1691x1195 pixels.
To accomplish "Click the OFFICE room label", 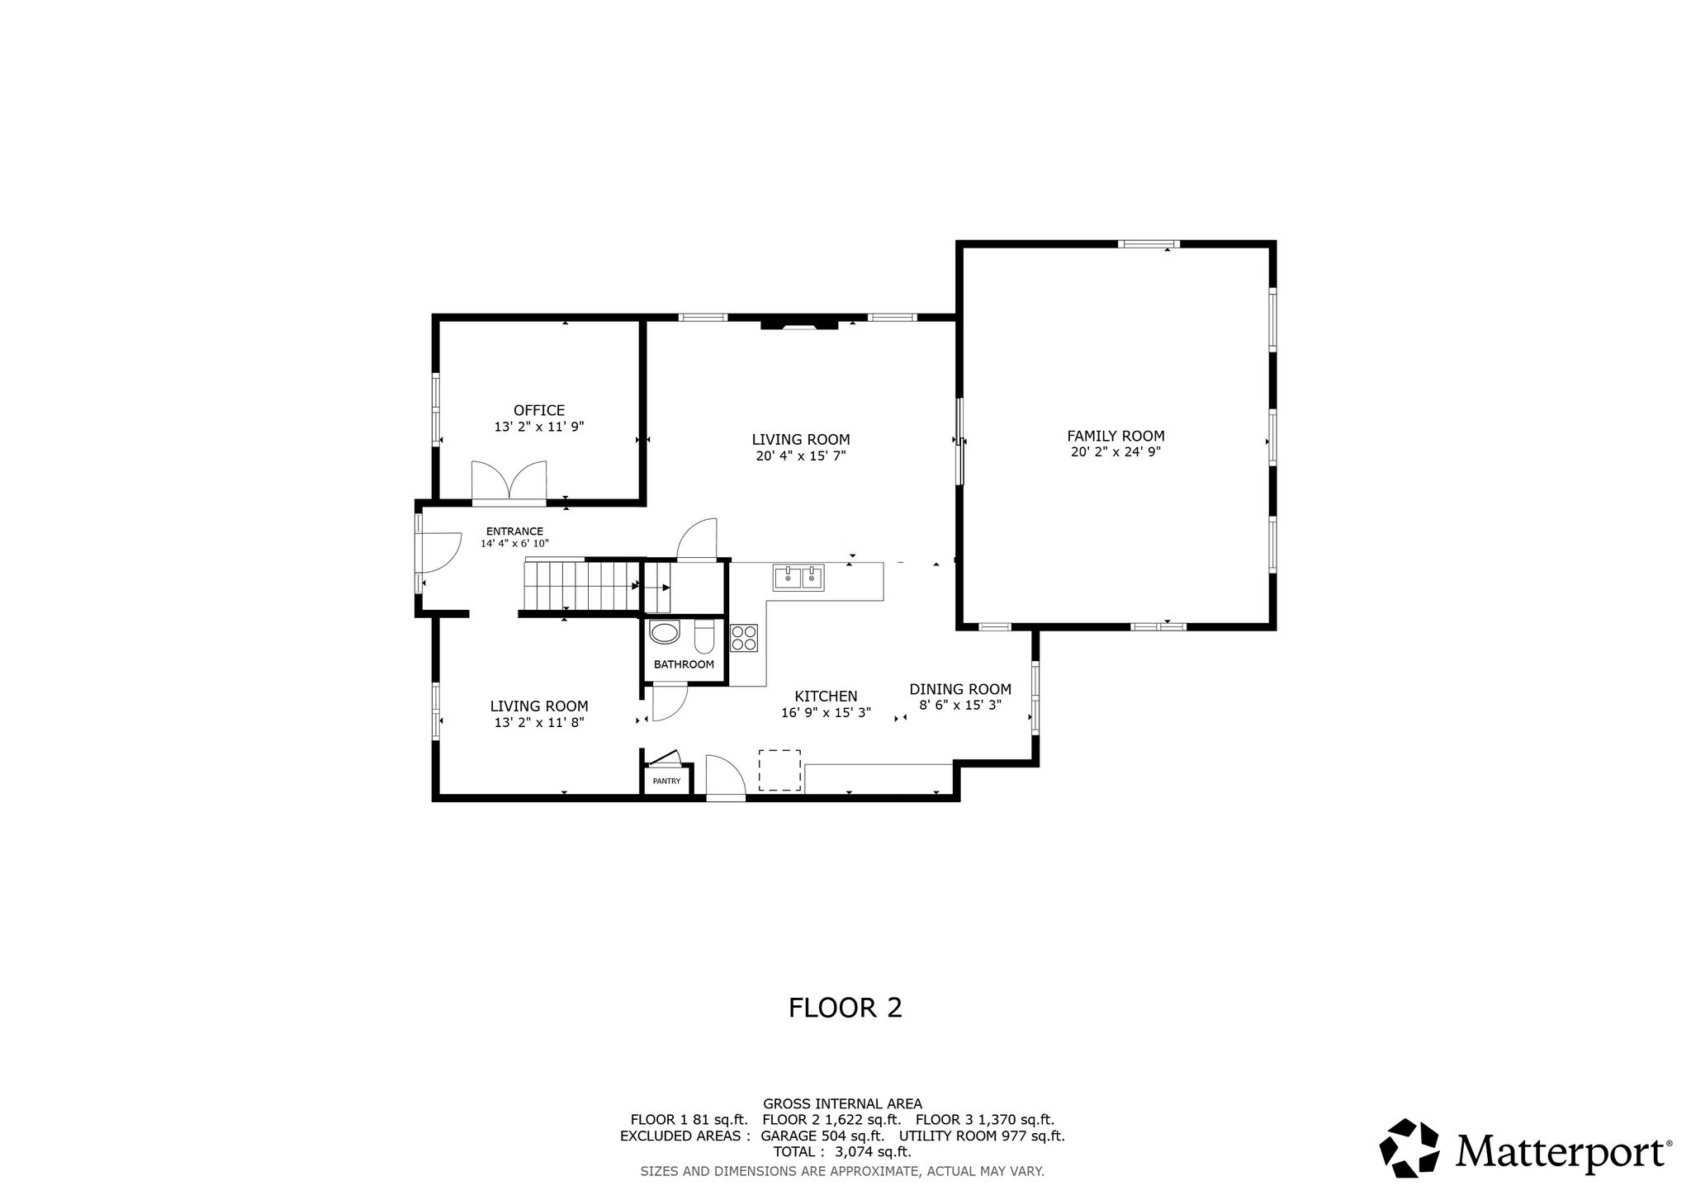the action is [539, 410].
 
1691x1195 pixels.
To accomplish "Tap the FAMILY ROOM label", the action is [1115, 436].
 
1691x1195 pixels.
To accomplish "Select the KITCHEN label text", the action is [826, 697].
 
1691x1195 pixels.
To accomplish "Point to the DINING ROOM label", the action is [960, 689].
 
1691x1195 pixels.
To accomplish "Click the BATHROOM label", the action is [684, 664].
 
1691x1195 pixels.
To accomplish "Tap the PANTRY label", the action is [666, 781].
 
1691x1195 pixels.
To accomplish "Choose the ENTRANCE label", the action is [514, 531].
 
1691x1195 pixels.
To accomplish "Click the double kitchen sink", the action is [799, 578].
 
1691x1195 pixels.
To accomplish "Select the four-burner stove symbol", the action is [744, 638].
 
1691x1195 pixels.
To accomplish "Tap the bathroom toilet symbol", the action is [704, 636].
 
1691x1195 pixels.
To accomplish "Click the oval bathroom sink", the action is [665, 634].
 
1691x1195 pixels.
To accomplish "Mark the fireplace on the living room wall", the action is [798, 324].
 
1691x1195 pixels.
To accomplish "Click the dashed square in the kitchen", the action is [780, 770].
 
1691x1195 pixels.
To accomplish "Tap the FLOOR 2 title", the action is [845, 1008].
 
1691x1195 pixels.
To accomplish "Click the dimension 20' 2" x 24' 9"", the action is [1115, 452].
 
